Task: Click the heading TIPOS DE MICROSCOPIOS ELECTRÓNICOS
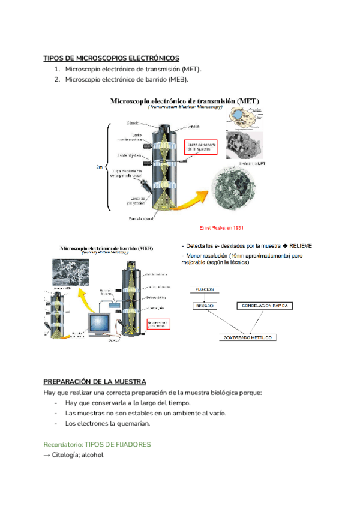pyautogui.click(x=111, y=58)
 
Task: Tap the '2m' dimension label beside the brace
pyautogui.click(x=100, y=167)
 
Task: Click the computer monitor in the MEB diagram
pyautogui.click(x=98, y=324)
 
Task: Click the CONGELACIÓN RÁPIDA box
pyautogui.click(x=266, y=306)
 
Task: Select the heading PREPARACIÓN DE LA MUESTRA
pyautogui.click(x=95, y=381)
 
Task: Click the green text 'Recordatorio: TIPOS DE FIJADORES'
pyautogui.click(x=97, y=444)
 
